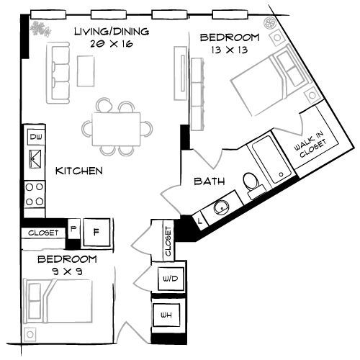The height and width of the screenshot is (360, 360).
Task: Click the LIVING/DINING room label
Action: pyautogui.click(x=112, y=31)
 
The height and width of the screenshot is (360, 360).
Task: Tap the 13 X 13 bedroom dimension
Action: pyautogui.click(x=228, y=50)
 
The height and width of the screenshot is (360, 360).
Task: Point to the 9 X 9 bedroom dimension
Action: pyautogui.click(x=66, y=271)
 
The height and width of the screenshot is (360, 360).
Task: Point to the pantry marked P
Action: pyautogui.click(x=73, y=231)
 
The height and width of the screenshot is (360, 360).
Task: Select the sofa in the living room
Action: pyautogui.click(x=58, y=71)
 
